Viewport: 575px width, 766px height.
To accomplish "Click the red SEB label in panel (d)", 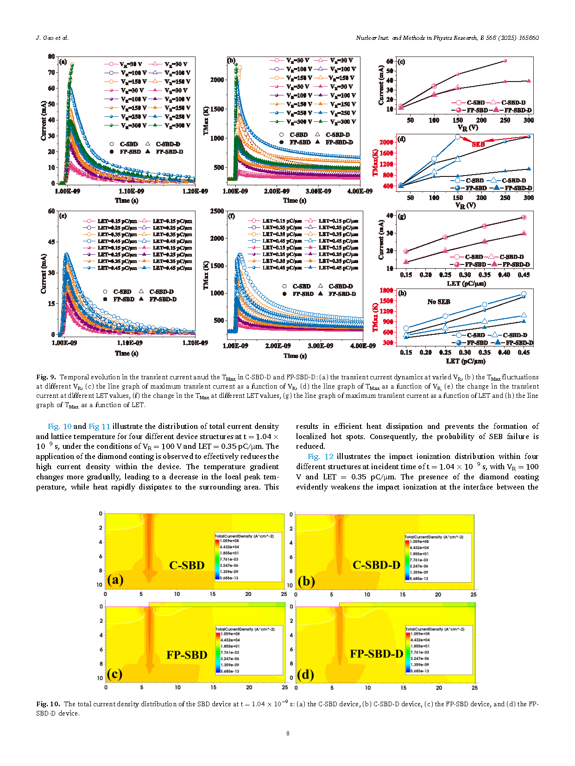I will (478, 144).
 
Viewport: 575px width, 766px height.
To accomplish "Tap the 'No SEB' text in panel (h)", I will (438, 301).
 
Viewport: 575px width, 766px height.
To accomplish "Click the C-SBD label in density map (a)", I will (187, 565).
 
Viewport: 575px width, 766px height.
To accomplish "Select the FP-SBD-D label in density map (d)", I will (376, 654).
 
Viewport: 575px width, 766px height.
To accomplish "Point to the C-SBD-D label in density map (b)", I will (376, 565).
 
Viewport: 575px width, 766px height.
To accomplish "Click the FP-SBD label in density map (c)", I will (187, 655).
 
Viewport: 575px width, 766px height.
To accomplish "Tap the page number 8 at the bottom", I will (288, 733).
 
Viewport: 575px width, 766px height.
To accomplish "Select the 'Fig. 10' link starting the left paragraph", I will (60, 426).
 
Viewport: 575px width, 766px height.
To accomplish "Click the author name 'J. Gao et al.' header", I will (52, 38).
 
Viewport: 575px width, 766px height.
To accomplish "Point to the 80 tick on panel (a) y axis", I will (51, 57).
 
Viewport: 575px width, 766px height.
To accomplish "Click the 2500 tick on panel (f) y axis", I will (217, 211).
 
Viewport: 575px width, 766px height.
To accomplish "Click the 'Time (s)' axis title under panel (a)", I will (126, 201).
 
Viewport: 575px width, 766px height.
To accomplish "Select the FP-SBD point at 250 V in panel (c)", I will (505, 61).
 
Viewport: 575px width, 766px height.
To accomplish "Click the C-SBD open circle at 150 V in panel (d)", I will (458, 137).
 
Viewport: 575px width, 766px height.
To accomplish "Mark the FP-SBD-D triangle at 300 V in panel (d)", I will (529, 169).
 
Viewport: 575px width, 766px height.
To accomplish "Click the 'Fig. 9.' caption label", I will (46, 377).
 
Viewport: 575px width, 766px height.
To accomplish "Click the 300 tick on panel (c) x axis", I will (529, 120).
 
